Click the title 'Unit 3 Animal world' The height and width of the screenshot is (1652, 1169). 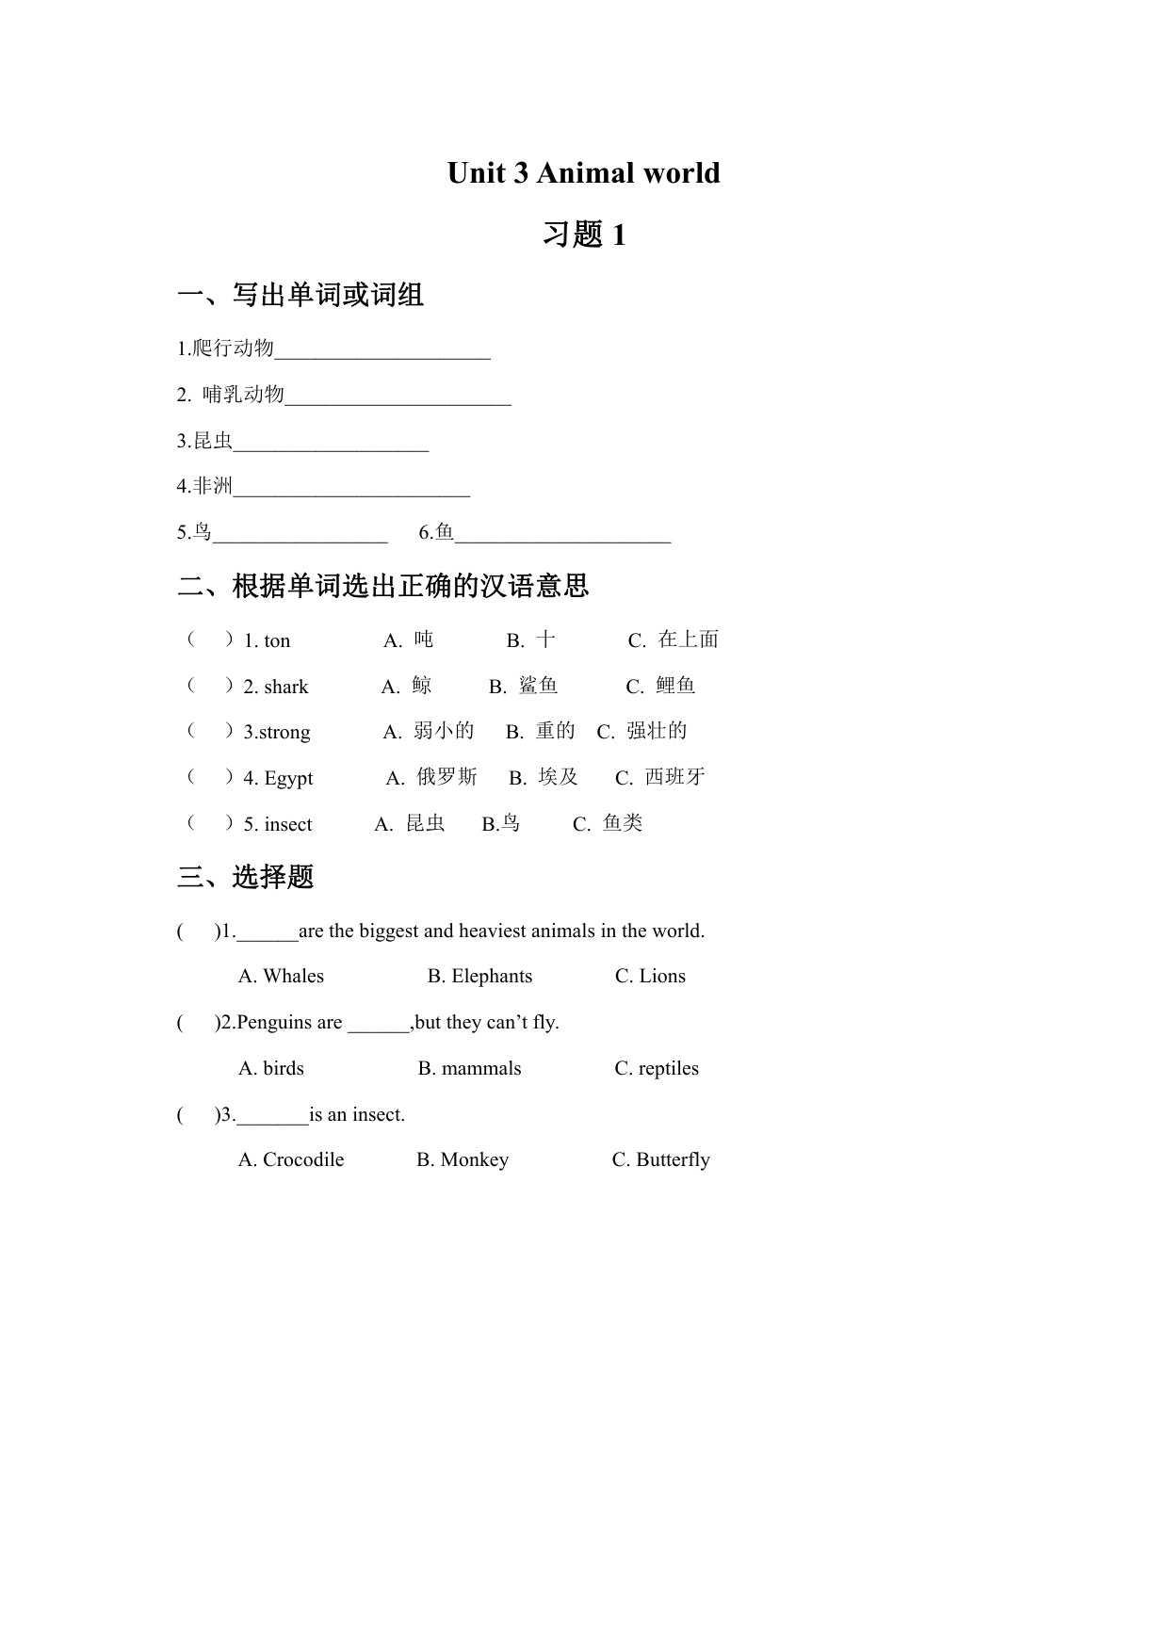point(583,173)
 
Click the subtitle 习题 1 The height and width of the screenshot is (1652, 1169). point(584,235)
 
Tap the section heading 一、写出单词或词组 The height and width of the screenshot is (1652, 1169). point(300,296)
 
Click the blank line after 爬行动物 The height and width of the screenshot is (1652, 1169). point(382,354)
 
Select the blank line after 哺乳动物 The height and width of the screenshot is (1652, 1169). point(398,400)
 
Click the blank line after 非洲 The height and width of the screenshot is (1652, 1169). point(351,492)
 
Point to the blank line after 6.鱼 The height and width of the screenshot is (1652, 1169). point(562,538)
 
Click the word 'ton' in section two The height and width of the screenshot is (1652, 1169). point(277,641)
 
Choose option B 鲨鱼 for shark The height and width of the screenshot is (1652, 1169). point(524,687)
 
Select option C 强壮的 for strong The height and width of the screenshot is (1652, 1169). point(642,732)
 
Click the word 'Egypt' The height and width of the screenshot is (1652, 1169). point(288,779)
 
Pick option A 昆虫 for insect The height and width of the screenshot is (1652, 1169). point(410,824)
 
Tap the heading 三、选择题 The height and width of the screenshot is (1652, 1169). point(246,878)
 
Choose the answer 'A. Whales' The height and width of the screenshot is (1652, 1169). point(281,977)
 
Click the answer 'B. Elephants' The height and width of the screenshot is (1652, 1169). point(479,977)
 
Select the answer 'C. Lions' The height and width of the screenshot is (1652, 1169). point(650,977)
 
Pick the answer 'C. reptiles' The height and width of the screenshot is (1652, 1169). point(657,1069)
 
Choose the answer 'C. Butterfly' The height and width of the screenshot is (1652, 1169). point(660,1160)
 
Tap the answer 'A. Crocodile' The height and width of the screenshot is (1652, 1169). point(291,1160)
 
